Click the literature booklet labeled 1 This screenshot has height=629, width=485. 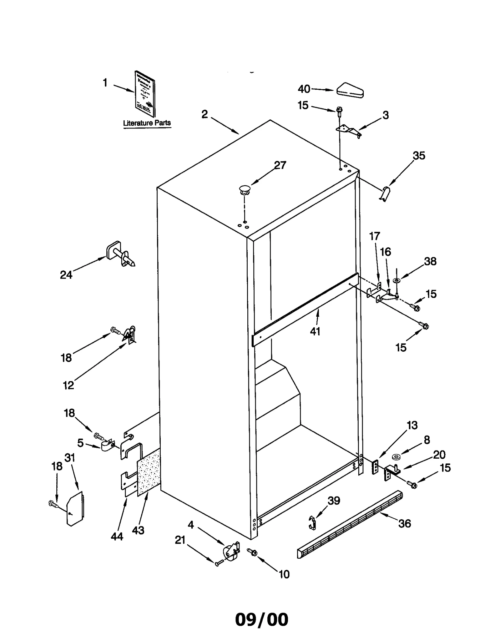click(x=145, y=94)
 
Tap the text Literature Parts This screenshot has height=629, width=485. click(x=147, y=123)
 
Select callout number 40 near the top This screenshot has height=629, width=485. click(x=304, y=89)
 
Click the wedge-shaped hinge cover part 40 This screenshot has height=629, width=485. click(x=350, y=91)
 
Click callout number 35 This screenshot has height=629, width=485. click(x=419, y=156)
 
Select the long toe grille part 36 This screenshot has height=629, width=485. click(x=350, y=525)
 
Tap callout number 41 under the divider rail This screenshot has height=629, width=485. click(x=315, y=331)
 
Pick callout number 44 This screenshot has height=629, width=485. click(x=117, y=537)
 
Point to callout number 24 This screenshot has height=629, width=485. click(x=66, y=275)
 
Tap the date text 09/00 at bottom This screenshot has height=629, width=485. click(x=262, y=611)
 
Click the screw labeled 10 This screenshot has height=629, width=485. click(x=252, y=552)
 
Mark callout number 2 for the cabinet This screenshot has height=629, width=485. click(x=205, y=114)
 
